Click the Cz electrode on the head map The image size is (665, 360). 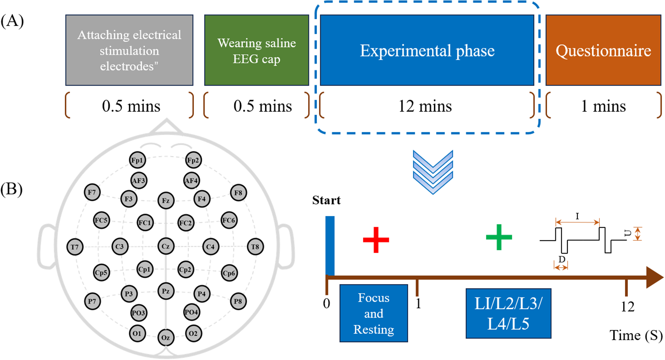coord(166,246)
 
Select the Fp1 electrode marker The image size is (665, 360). coord(137,160)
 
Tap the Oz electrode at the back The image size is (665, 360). coord(166,337)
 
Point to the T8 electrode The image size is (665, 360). coord(255,247)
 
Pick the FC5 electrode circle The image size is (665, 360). coord(101,220)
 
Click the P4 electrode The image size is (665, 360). coord(202,294)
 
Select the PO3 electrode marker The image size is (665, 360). coord(138,313)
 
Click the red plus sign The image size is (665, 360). coord(376,239)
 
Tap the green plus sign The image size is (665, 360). coord(499,237)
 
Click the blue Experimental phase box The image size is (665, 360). coord(427,50)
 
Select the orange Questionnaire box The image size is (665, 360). coord(603,50)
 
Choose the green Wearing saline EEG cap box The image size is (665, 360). coord(256,50)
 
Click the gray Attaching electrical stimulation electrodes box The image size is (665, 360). coord(129,50)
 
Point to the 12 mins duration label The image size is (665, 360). coord(425,106)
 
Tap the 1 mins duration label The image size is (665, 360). coord(603,106)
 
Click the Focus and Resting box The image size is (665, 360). coord(374,313)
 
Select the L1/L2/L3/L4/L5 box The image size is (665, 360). coord(508,313)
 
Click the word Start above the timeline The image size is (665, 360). coord(326,201)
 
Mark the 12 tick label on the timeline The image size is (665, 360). coord(627,307)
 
